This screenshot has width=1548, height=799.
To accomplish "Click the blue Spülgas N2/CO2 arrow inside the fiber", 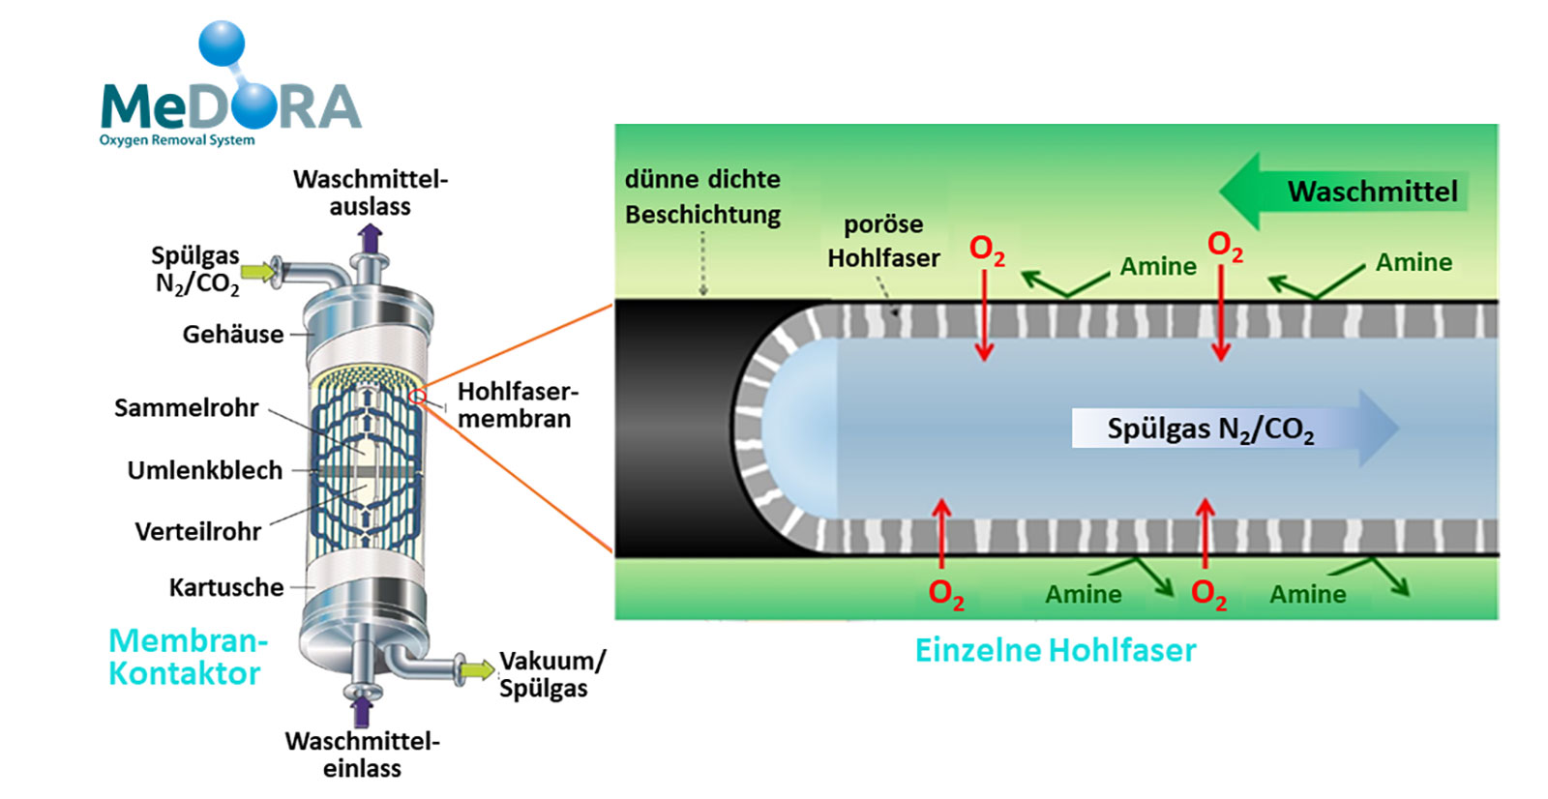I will pyautogui.click(x=1235, y=429).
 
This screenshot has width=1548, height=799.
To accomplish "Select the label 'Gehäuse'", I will pyautogui.click(x=233, y=335).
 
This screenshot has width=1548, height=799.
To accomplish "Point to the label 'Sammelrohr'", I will pyautogui.click(x=186, y=408).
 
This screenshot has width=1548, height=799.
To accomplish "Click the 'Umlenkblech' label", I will pyautogui.click(x=205, y=471).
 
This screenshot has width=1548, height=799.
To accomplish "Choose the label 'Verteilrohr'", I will pyautogui.click(x=198, y=532).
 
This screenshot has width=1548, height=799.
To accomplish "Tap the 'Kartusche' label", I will pyautogui.click(x=226, y=588).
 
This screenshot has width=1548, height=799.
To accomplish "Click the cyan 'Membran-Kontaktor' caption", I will pyautogui.click(x=186, y=657).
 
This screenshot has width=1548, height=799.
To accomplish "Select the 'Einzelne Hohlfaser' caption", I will pyautogui.click(x=1056, y=650).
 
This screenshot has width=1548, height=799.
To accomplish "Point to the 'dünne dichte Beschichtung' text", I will pyautogui.click(x=702, y=196).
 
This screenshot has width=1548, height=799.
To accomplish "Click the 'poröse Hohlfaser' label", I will pyautogui.click(x=883, y=242).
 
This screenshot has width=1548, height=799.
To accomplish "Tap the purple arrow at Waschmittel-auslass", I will pyautogui.click(x=370, y=238).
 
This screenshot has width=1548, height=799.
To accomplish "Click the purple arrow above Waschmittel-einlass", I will pyautogui.click(x=362, y=711).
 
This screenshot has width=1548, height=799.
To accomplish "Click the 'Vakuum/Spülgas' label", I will pyautogui.click(x=551, y=674).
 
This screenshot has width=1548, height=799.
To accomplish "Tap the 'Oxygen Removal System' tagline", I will pyautogui.click(x=177, y=140).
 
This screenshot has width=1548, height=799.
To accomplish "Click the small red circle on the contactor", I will pyautogui.click(x=418, y=397).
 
